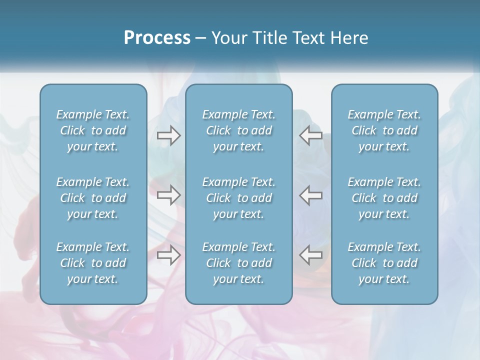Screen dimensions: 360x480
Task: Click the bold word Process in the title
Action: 157,38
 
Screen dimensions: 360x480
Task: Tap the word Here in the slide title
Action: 349,38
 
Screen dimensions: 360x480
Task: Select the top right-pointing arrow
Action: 168,135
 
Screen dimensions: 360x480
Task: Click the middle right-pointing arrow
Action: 168,195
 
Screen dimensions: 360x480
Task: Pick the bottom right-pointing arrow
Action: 168,255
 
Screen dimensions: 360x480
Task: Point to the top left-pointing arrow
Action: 311,135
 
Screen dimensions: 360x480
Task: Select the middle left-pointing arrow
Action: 311,195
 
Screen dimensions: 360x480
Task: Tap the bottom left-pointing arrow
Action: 311,255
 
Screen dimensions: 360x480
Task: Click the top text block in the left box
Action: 93,130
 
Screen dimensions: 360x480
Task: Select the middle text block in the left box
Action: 93,198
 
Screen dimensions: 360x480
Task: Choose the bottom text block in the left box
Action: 93,263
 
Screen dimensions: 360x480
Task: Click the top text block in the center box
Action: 239,130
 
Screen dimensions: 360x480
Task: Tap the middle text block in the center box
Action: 239,198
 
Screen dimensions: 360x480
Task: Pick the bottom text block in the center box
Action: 239,263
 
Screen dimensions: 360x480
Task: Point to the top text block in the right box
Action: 384,130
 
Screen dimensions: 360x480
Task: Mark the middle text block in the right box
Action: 384,198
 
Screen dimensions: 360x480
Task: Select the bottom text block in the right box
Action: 384,263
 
